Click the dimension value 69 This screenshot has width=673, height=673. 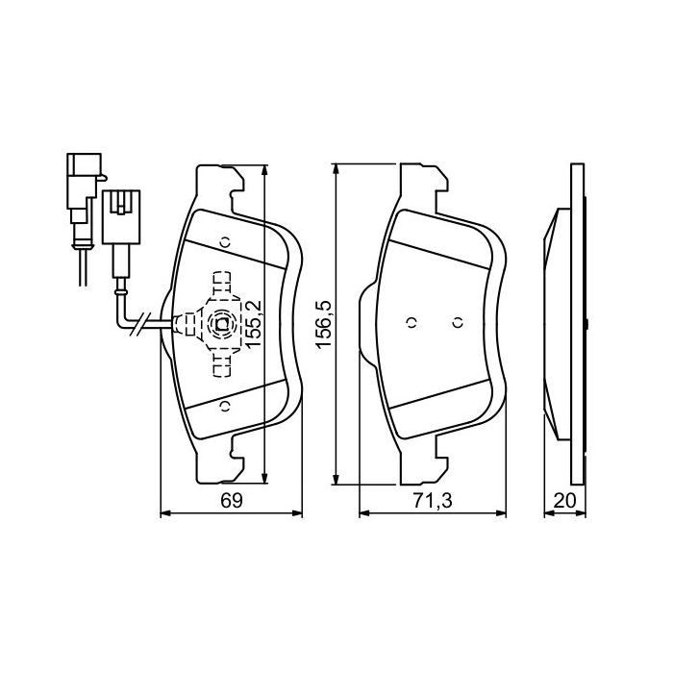230,500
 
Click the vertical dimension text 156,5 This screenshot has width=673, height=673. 324,324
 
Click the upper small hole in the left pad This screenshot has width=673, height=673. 222,242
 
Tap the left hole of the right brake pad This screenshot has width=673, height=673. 411,323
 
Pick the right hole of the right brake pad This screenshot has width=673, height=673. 459,323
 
